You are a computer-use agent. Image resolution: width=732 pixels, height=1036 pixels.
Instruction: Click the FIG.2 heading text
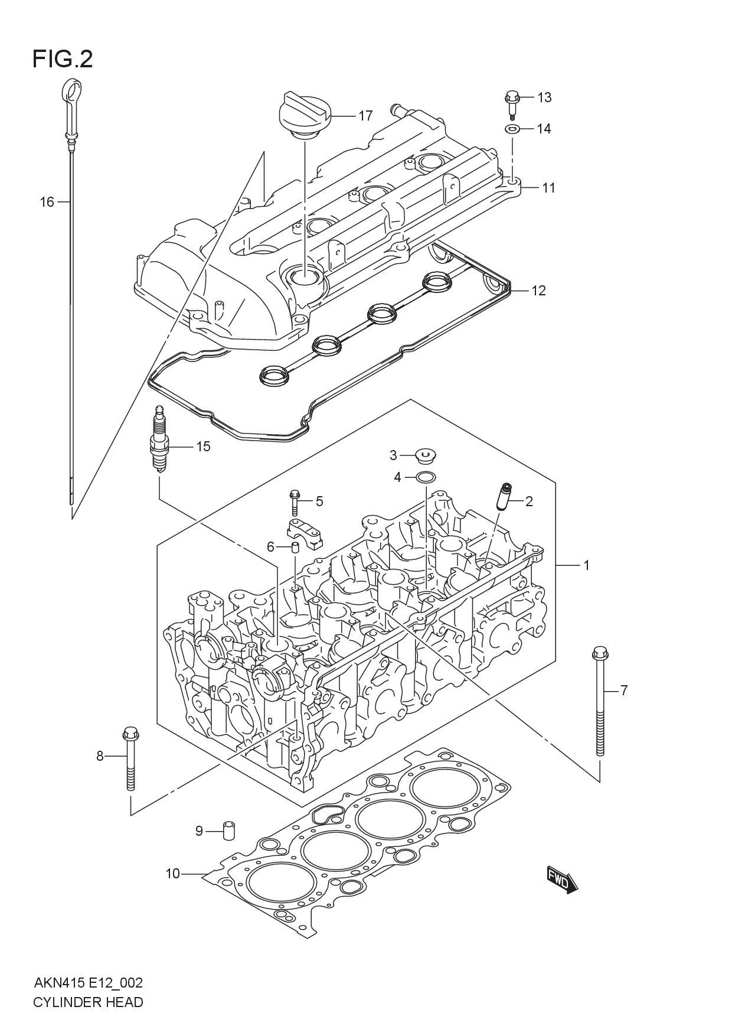(63, 59)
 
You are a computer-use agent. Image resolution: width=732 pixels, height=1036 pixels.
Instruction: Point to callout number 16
(47, 203)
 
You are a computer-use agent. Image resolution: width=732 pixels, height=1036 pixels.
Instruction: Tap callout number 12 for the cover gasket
(538, 291)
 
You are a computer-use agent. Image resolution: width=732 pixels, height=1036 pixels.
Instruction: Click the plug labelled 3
(423, 455)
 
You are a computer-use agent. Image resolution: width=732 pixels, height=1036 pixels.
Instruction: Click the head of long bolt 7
(599, 654)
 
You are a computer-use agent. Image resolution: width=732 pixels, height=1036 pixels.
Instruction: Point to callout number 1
(586, 565)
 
